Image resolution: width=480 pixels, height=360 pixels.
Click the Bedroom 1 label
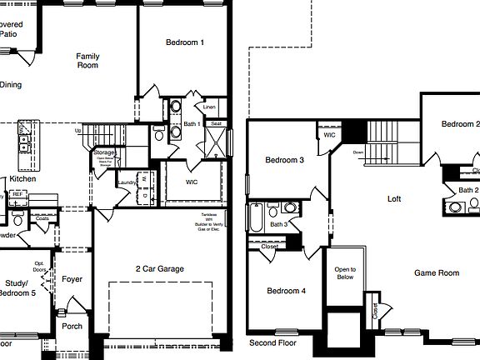click(x=185, y=42)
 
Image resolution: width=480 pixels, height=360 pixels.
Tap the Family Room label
click(x=88, y=61)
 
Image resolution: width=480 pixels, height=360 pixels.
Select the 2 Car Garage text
click(x=160, y=269)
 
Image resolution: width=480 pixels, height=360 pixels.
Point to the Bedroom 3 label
click(x=284, y=160)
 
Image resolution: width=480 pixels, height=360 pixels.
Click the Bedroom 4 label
click(x=286, y=291)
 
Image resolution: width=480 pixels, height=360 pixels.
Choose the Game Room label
click(x=437, y=272)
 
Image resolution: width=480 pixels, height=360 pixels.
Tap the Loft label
click(x=395, y=199)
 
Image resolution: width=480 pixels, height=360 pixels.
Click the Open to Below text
click(x=345, y=273)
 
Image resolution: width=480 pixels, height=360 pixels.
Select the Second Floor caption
click(x=272, y=342)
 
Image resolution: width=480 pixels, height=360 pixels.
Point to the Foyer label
click(x=72, y=279)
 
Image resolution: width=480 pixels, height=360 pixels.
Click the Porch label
click(x=72, y=326)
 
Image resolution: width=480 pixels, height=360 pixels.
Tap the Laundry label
click(x=127, y=182)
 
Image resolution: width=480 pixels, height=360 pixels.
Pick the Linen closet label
click(x=209, y=107)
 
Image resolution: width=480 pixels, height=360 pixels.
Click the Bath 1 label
click(x=192, y=124)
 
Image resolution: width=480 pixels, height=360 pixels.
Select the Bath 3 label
click(x=278, y=224)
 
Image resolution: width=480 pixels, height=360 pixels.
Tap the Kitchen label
click(x=22, y=179)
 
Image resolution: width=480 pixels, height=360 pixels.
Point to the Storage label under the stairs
click(x=104, y=153)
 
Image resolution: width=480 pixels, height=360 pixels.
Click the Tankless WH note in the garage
click(x=208, y=221)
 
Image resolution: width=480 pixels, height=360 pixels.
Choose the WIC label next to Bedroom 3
click(x=329, y=134)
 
